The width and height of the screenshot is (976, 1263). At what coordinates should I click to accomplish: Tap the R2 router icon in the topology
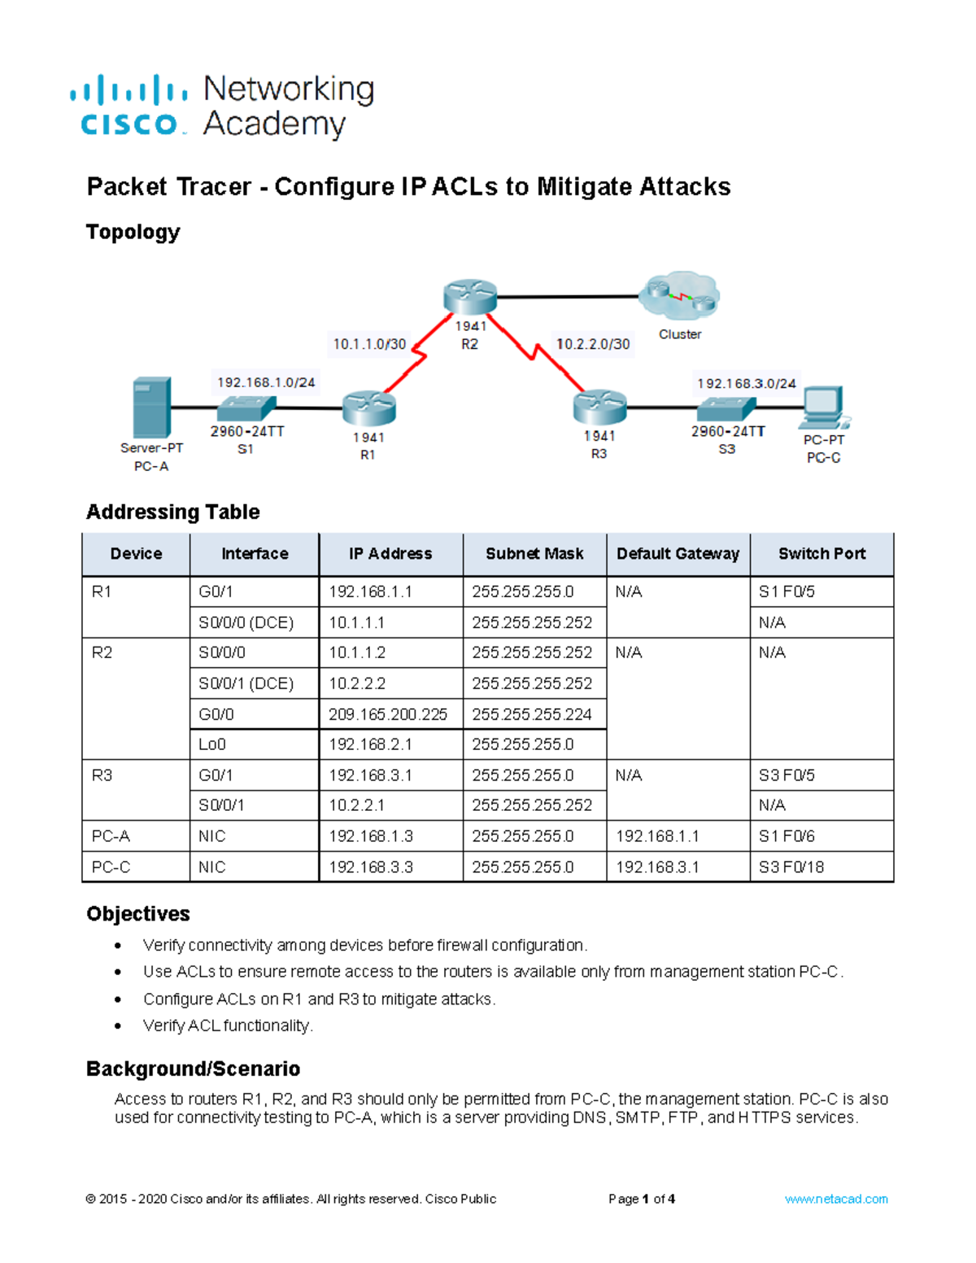[x=470, y=297]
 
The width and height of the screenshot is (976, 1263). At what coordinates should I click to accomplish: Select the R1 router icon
[x=368, y=408]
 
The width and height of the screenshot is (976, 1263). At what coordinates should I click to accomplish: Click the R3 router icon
[x=599, y=407]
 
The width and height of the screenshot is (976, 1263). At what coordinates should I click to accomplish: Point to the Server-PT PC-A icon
[x=152, y=407]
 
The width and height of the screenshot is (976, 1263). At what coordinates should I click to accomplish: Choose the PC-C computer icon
[x=823, y=407]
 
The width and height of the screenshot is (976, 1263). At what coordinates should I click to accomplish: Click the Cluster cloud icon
[x=680, y=297]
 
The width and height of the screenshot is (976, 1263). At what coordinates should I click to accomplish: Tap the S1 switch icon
[x=246, y=407]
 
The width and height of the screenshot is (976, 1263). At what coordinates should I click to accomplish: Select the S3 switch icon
[x=726, y=408]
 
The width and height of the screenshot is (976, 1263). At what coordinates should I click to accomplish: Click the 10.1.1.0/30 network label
[x=369, y=344]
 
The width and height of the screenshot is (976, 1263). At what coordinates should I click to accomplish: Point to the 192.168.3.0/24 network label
[x=746, y=383]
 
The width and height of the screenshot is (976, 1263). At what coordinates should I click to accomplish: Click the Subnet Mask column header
[x=534, y=554]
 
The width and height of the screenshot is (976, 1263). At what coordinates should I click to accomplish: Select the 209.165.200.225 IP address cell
[x=388, y=714]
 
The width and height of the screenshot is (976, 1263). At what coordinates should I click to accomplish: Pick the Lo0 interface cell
[x=212, y=744]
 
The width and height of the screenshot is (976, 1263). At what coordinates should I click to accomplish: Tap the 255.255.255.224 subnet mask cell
[x=532, y=714]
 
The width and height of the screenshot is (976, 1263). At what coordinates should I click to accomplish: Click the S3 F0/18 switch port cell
[x=791, y=867]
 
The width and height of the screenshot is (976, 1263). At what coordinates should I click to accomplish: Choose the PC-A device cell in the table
[x=111, y=836]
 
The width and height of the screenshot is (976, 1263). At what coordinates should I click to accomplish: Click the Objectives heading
[x=138, y=914]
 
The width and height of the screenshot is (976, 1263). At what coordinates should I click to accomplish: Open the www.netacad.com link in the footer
[x=836, y=1199]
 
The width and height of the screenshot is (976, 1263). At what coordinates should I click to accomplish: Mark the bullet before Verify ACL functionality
[x=119, y=1026]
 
